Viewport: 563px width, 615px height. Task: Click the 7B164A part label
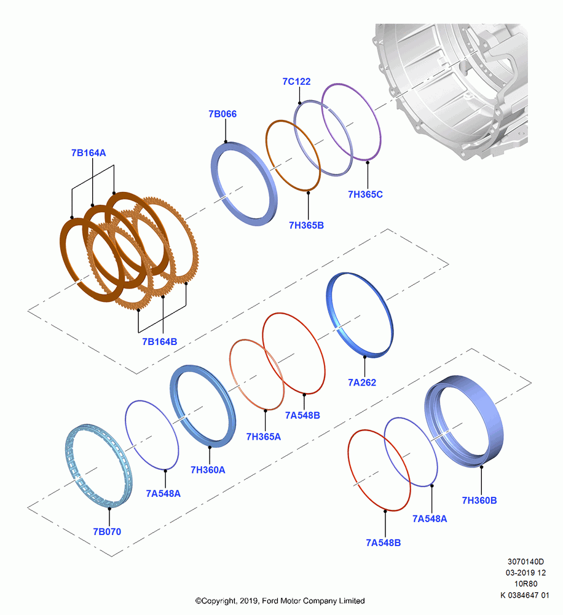pos(89,153)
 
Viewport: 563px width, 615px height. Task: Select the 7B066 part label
pos(222,114)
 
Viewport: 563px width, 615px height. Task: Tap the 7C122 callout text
pos(296,82)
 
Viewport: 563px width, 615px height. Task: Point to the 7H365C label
pos(366,194)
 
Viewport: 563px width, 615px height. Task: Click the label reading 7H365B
pos(306,226)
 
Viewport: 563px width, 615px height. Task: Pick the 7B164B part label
pos(160,342)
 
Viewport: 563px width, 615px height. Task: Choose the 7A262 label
pos(362,383)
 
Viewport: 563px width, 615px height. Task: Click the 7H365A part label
pos(264,437)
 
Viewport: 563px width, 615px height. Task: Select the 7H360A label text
pos(208,470)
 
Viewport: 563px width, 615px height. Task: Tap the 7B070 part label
pos(107,532)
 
